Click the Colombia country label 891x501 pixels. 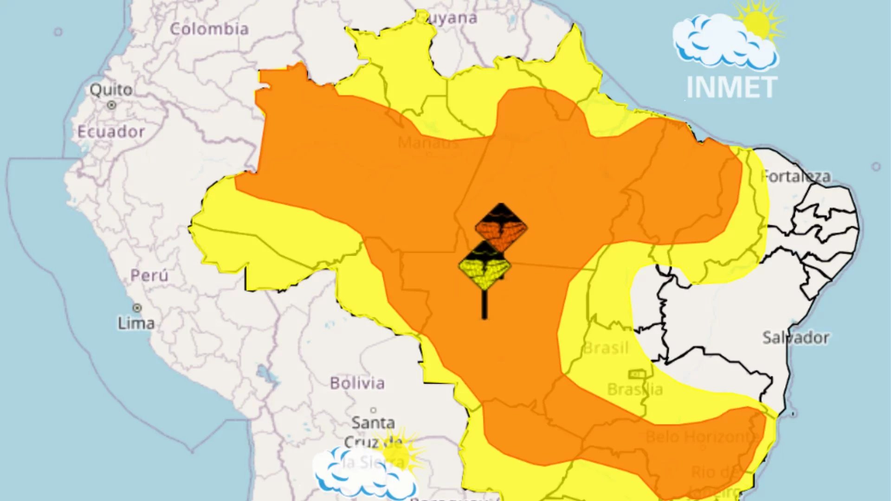coord(209,29)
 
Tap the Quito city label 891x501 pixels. coord(111,90)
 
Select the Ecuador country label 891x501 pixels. coord(111,132)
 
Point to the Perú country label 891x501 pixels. coord(149,275)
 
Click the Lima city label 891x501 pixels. coord(136,323)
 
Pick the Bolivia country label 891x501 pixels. coord(357,383)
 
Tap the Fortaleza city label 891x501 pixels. coord(795,176)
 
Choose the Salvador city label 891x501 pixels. coord(795,337)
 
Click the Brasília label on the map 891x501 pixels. coord(635,389)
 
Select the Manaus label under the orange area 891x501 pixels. coord(428,142)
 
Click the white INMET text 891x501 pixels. coord(731,87)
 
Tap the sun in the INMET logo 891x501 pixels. coord(756,23)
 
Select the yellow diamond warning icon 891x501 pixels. coord(484,267)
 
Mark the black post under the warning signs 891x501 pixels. coord(484,305)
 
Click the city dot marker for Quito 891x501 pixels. coord(111,105)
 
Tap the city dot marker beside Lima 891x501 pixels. coord(137,308)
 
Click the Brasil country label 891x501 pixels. coord(606,348)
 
